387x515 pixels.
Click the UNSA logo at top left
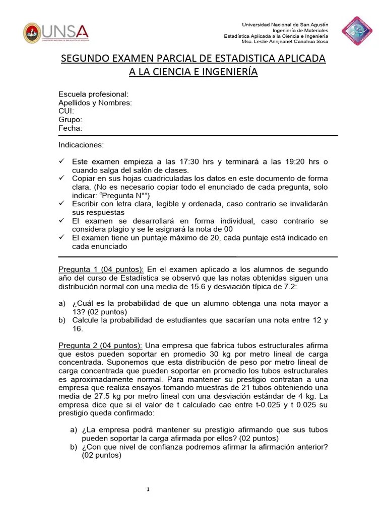coord(56,33)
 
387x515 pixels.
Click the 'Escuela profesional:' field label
coord(93,95)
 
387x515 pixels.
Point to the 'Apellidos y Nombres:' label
coord(95,103)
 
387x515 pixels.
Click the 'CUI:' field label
coord(67,111)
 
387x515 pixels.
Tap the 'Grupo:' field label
coord(70,120)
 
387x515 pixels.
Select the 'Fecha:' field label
coord(70,128)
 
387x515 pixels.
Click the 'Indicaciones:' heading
coord(81,145)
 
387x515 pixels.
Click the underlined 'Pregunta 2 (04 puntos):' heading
coord(100,345)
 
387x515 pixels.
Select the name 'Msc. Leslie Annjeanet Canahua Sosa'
coord(285,42)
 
